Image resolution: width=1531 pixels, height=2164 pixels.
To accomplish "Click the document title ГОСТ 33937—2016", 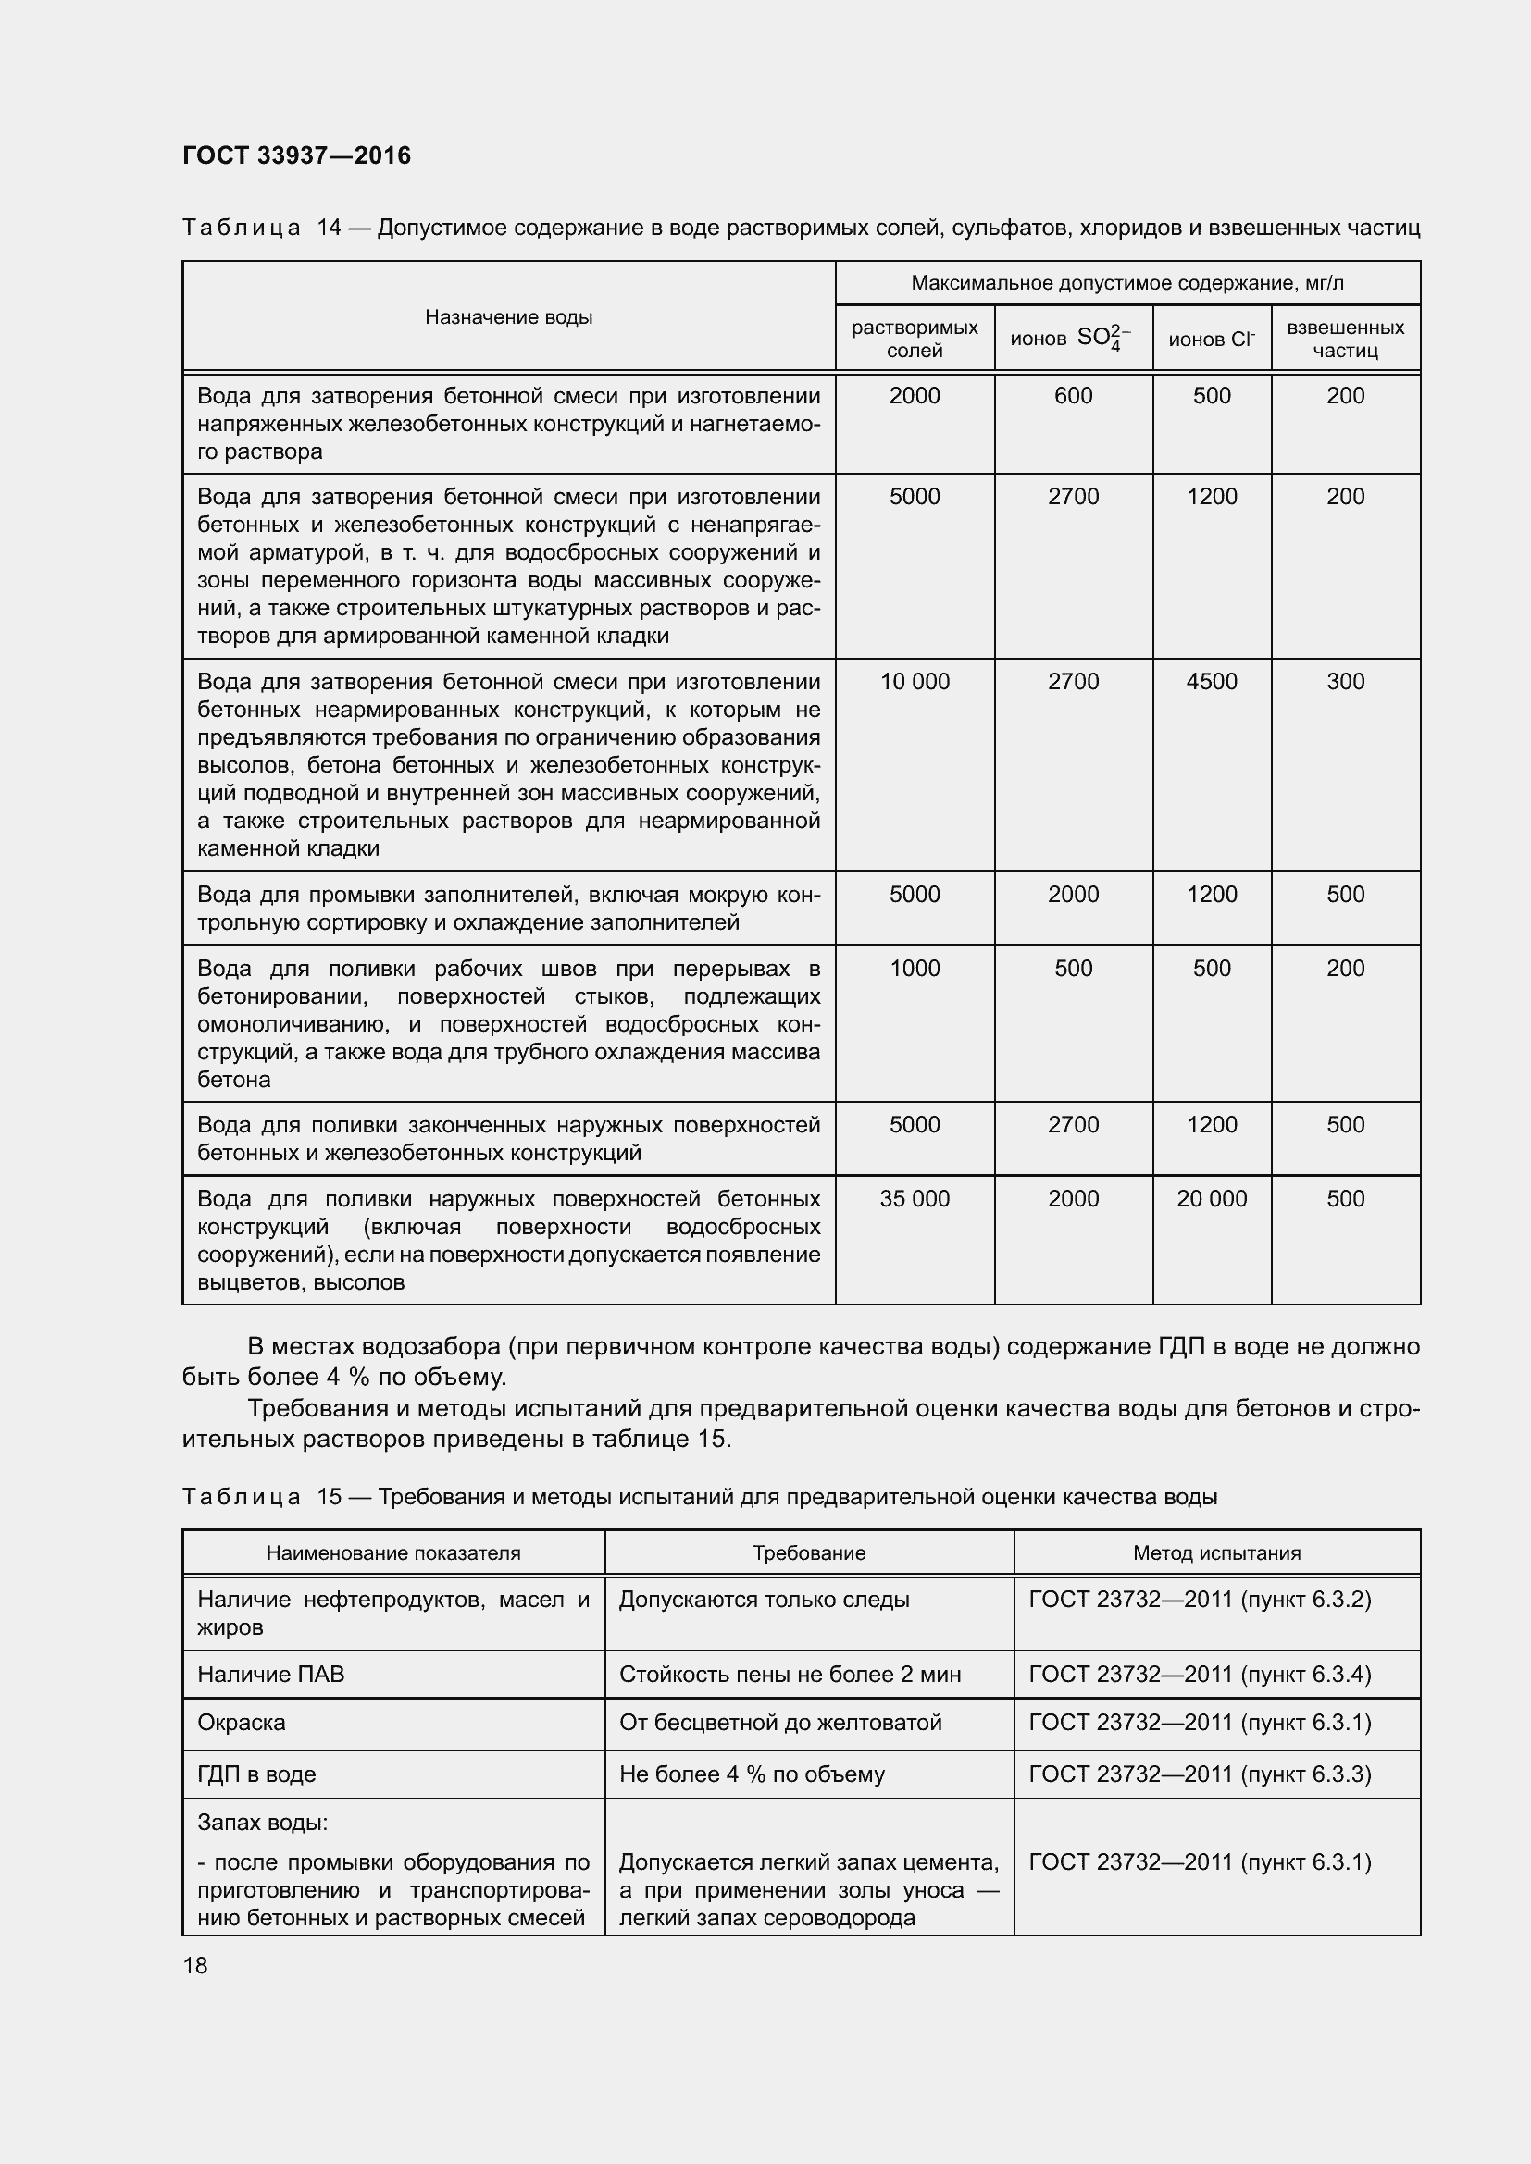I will tap(297, 155).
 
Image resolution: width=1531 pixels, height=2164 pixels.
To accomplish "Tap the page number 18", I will tap(195, 1965).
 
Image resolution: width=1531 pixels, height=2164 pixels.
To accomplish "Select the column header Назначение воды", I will tap(508, 317).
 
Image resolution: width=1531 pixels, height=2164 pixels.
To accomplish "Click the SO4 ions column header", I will tap(1072, 339).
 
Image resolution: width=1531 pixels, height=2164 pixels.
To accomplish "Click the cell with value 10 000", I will tap(915, 682).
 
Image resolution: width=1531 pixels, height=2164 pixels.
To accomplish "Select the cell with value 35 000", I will tap(915, 1199).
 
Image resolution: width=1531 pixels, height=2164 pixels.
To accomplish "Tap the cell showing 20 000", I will tap(1212, 1199).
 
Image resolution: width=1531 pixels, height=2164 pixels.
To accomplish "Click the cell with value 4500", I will tap(1212, 682).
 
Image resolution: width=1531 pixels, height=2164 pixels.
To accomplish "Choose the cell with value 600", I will tap(1073, 396).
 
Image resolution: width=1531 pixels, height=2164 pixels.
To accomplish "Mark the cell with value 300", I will tap(1344, 682).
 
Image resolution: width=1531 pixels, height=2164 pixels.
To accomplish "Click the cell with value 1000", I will tap(915, 968).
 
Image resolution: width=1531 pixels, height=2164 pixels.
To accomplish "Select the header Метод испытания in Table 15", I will tap(1216, 1553).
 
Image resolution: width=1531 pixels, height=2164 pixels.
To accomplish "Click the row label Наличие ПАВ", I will tap(270, 1674).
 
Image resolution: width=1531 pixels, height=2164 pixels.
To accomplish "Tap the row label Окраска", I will tap(242, 1722).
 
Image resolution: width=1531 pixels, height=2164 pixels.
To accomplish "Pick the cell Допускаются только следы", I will tap(764, 1600).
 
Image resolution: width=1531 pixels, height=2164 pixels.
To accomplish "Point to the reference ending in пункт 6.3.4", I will tap(1199, 1674).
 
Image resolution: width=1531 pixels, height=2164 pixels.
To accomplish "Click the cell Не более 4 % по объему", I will tap(752, 1774).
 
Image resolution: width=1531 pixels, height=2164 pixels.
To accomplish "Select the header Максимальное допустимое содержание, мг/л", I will tap(1126, 284).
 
